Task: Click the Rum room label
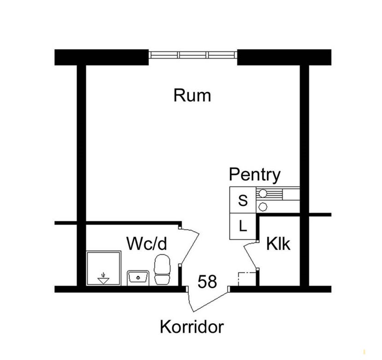coord(192,95)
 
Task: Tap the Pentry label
coord(255,175)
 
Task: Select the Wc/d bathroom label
coord(147,243)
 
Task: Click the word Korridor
coord(192,327)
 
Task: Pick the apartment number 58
coord(207,282)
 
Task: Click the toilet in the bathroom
coord(162,270)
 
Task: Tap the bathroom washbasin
coord(138,278)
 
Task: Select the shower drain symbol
coord(103,279)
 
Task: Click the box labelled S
coord(243,200)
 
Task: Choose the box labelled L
coord(243,226)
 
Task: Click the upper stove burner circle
coord(263,193)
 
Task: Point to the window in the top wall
coord(193,54)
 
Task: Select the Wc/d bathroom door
coord(189,246)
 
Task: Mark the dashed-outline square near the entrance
coord(247,279)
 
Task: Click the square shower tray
coord(104,268)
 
